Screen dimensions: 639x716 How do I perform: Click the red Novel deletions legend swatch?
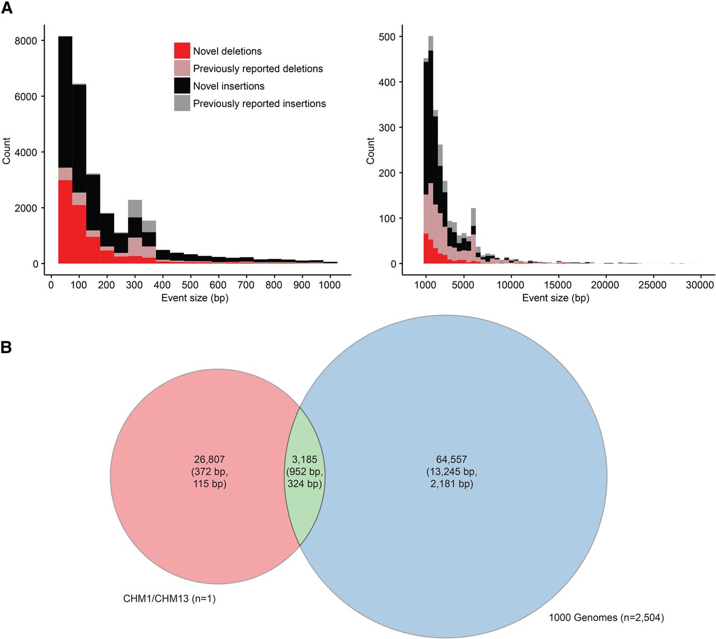point(182,51)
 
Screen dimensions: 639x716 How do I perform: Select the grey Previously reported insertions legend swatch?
point(182,104)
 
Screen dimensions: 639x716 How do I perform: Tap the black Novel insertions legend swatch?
point(182,86)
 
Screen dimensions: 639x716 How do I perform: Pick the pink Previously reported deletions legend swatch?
point(182,68)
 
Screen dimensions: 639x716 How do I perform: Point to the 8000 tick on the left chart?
point(26,41)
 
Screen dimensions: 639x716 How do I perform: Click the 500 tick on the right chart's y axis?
point(386,37)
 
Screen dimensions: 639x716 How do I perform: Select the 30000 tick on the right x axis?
point(700,285)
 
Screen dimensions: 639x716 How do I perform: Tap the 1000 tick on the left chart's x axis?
point(329,285)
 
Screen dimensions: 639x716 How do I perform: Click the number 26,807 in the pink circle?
point(209,459)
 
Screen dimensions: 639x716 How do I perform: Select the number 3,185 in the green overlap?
point(305,459)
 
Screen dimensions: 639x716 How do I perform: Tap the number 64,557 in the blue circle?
point(451,459)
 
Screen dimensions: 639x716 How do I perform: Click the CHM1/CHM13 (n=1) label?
point(169,599)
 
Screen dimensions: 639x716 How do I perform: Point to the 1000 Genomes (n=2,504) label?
point(606,618)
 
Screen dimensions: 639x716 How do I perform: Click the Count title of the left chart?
point(7,151)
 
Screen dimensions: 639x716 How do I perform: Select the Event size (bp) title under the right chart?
point(555,298)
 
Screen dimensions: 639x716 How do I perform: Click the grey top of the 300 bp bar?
point(135,208)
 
